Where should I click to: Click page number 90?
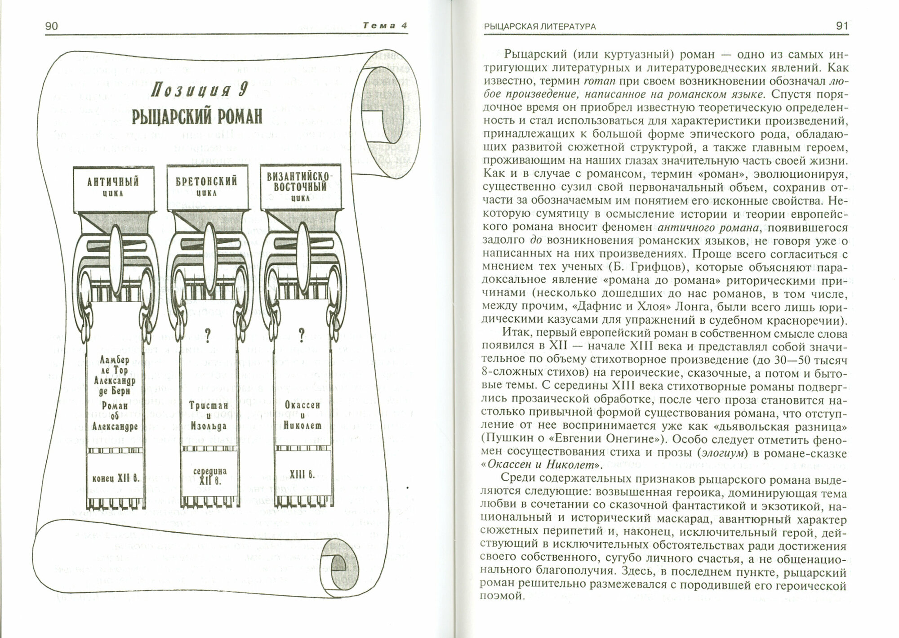coord(52,26)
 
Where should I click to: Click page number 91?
coord(841,26)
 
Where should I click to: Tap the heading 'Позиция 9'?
coord(200,89)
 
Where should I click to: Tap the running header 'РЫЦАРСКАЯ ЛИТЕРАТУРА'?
coord(539,27)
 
